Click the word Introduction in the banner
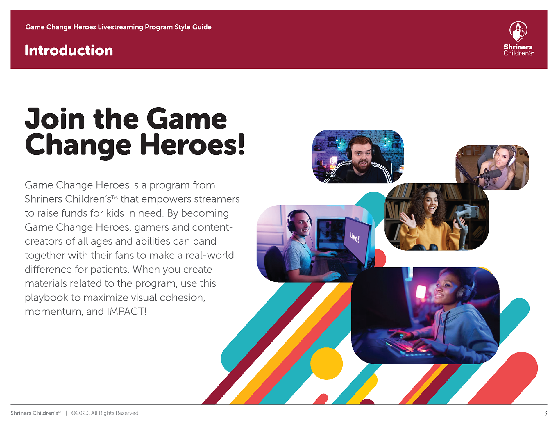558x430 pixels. [x=69, y=50]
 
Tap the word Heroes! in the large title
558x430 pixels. [x=192, y=144]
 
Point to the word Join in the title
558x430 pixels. [x=55, y=118]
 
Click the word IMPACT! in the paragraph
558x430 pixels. [x=126, y=311]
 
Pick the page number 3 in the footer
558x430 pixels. [x=546, y=413]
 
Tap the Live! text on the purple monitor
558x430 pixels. [x=355, y=237]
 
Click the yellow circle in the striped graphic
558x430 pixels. [x=326, y=363]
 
